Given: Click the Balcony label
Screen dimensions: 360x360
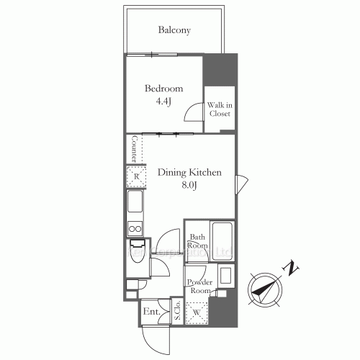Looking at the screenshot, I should pos(174,30).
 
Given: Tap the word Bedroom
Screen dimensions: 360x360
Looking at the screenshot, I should pos(163,89).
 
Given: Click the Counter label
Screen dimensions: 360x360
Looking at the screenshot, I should pos(134,148).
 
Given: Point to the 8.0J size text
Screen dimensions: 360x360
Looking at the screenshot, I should pos(189,185).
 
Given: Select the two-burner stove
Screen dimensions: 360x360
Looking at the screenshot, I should pos(135,230).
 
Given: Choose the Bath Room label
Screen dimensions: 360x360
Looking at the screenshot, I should pos(198,241).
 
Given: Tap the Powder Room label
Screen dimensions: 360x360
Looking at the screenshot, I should pos(200,286).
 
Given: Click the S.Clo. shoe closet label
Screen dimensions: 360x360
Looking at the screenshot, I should pos(177,310).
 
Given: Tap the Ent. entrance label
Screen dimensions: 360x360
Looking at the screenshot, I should pos(151,312).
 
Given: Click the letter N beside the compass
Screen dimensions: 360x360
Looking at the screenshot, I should pos(291,269).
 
